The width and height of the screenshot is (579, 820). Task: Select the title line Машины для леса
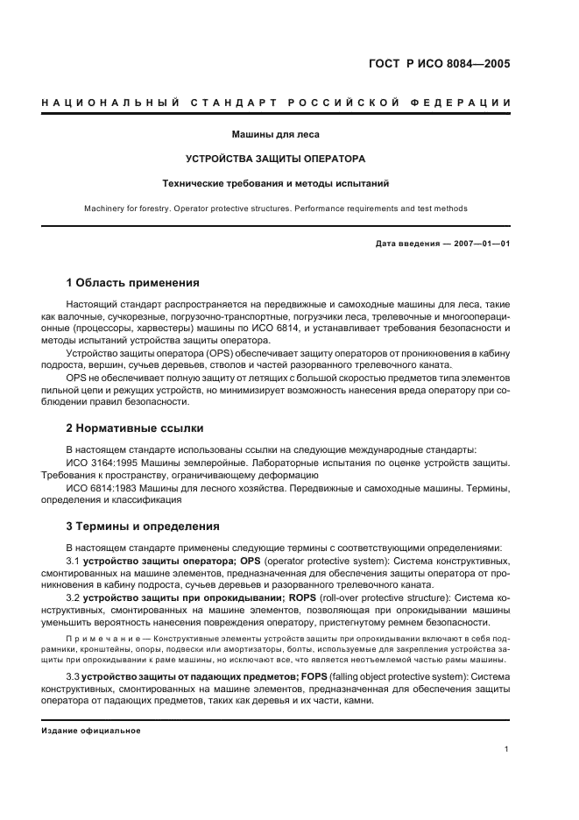click(x=275, y=135)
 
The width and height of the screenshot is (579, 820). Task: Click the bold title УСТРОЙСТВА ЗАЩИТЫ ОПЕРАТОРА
click(x=275, y=159)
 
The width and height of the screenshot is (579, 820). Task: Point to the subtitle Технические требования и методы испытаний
click(x=275, y=184)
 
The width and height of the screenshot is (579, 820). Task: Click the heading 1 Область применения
click(x=133, y=283)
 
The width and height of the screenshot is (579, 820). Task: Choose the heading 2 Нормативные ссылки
click(x=135, y=428)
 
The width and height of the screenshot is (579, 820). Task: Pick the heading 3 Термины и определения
click(x=138, y=527)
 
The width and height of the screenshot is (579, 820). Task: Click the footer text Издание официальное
click(x=90, y=731)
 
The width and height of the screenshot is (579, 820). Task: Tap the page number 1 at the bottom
click(x=507, y=750)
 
